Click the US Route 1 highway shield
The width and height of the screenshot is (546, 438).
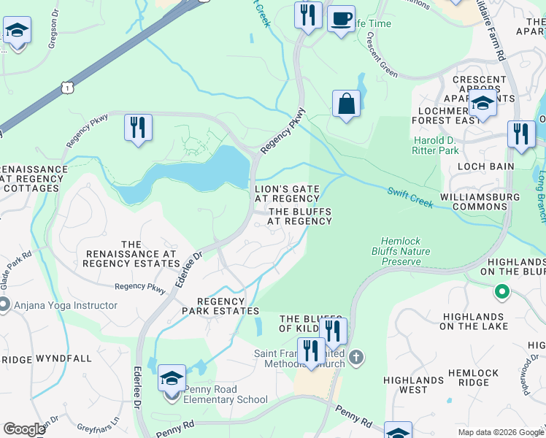click(x=66, y=87)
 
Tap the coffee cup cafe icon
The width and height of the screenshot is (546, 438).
click(x=340, y=18)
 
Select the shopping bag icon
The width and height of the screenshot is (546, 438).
click(x=346, y=103)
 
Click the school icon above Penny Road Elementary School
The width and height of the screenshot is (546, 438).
click(x=172, y=378)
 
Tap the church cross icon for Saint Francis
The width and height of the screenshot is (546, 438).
click(x=355, y=357)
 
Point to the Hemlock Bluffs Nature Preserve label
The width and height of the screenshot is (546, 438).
click(x=401, y=251)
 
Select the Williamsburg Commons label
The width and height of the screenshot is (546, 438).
click(x=480, y=201)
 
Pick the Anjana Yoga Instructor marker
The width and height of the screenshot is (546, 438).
click(x=4, y=305)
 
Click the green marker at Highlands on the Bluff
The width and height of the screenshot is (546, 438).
click(x=501, y=293)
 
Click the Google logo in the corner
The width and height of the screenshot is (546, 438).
click(x=24, y=429)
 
